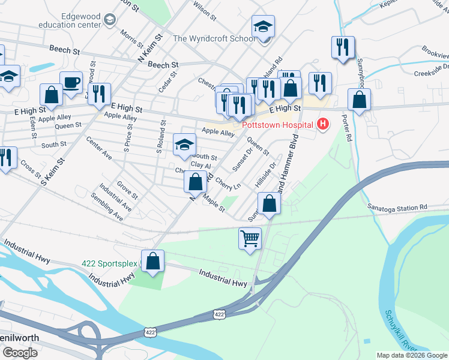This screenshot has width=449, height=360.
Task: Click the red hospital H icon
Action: pyautogui.click(x=324, y=125)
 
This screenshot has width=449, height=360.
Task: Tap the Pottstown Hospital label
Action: pyautogui.click(x=278, y=125)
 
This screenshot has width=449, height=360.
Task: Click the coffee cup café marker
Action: pyautogui.click(x=71, y=82)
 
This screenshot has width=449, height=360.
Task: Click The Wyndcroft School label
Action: pyautogui.click(x=214, y=38)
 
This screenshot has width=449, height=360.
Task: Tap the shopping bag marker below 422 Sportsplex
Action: pyautogui.click(x=154, y=261)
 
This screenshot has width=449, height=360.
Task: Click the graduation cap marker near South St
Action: pyautogui.click(x=184, y=144)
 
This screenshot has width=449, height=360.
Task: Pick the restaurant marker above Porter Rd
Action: pyautogui.click(x=343, y=47)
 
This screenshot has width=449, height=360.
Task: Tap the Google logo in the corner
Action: pyautogui.click(x=20, y=353)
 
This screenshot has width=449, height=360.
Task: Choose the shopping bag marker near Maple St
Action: pyautogui.click(x=196, y=182)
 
